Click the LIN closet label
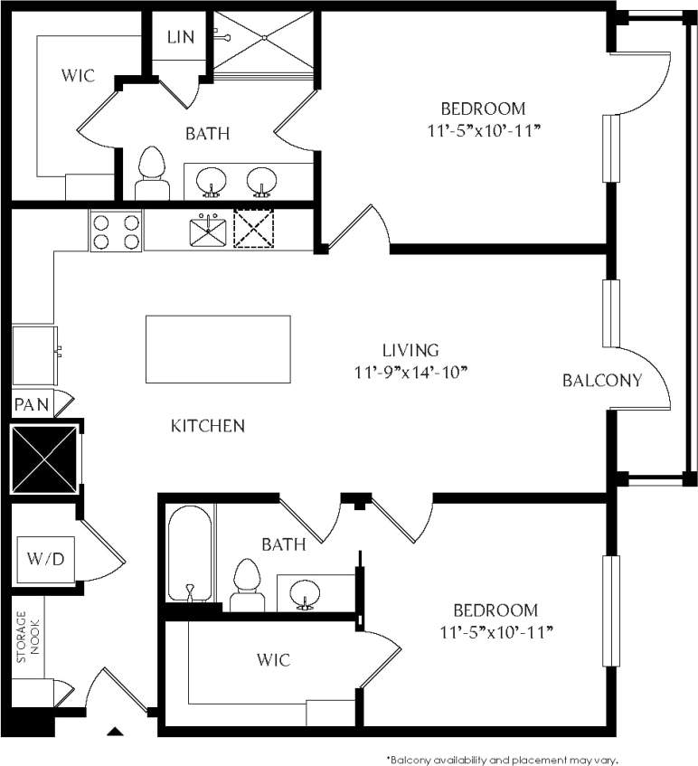[179, 37]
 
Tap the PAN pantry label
[32, 403]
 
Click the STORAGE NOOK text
[21, 638]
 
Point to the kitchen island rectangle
[218, 350]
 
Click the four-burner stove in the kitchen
[116, 231]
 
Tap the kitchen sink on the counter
[209, 230]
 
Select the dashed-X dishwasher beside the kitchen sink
[253, 229]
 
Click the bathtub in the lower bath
[190, 554]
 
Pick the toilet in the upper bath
[152, 174]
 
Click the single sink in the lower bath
[304, 595]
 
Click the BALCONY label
[602, 381]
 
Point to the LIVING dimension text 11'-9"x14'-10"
[410, 371]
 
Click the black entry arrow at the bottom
[115, 731]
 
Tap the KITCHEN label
[208, 426]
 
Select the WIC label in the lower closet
[273, 660]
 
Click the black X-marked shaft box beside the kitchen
[43, 459]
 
